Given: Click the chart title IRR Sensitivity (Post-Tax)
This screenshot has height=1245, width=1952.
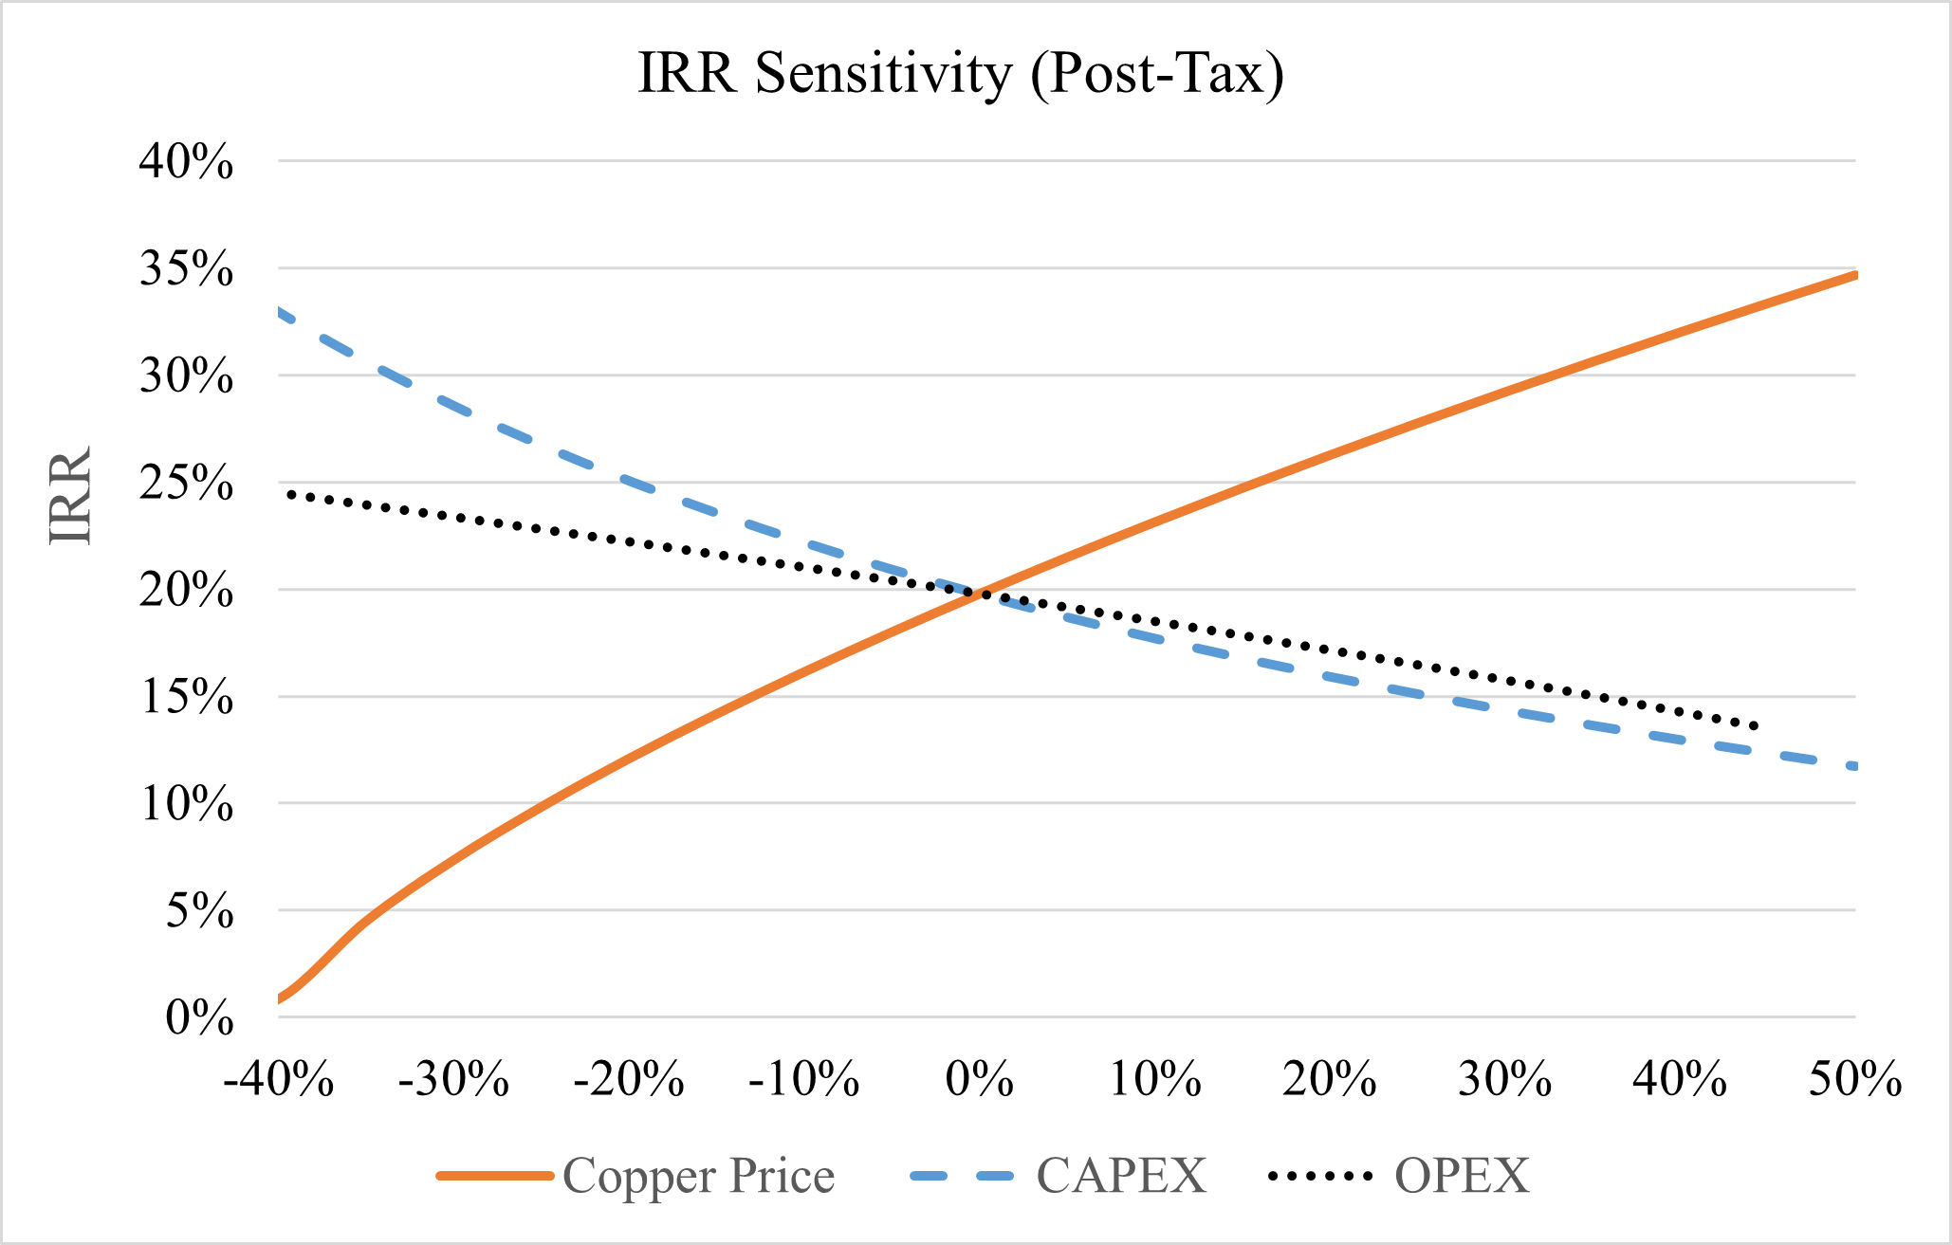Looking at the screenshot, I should pos(961,73).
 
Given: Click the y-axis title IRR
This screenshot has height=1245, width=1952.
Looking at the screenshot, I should pos(71,494).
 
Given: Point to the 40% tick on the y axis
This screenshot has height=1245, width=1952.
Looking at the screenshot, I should pos(186,162).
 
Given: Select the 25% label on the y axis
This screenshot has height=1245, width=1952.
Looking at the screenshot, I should pos(186,484).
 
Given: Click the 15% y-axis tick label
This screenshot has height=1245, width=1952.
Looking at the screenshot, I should pos(186,698).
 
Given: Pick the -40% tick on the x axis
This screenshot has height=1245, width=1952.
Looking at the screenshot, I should pos(279,1079).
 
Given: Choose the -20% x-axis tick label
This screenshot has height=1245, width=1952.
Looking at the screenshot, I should pos(629,1079).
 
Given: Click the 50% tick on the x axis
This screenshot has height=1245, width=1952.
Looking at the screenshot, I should pos(1854,1079).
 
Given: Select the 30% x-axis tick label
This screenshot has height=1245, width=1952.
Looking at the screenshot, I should pos(1504,1079).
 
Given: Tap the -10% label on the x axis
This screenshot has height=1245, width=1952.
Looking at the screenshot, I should pos(804,1079).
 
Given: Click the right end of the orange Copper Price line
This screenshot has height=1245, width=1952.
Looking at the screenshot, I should pos(1854,275).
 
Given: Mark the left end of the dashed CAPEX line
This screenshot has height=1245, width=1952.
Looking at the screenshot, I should pos(280,311).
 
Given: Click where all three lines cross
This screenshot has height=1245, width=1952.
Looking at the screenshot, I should pos(981,593).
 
